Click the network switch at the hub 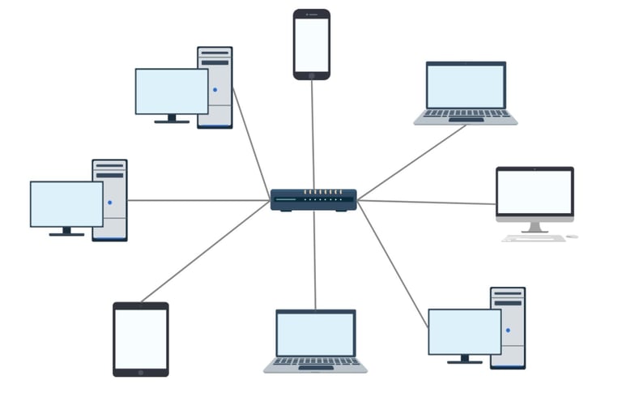pyautogui.click(x=313, y=199)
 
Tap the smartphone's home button pyautogui.click(x=311, y=75)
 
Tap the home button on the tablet pyautogui.click(x=141, y=372)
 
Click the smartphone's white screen pyautogui.click(x=311, y=45)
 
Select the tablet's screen pyautogui.click(x=141, y=339)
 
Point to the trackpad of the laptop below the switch pyautogui.click(x=315, y=368)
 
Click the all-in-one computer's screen pyautogui.click(x=535, y=191)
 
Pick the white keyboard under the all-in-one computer pyautogui.click(x=533, y=238)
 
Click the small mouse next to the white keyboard pyautogui.click(x=572, y=237)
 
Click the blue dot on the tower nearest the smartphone pyautogui.click(x=215, y=90)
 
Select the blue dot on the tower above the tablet pyautogui.click(x=109, y=203)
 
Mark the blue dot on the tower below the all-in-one pyautogui.click(x=508, y=331)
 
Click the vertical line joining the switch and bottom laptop pyautogui.click(x=315, y=259)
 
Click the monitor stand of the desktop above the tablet pyautogui.click(x=66, y=231)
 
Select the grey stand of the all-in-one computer pyautogui.click(x=535, y=227)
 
